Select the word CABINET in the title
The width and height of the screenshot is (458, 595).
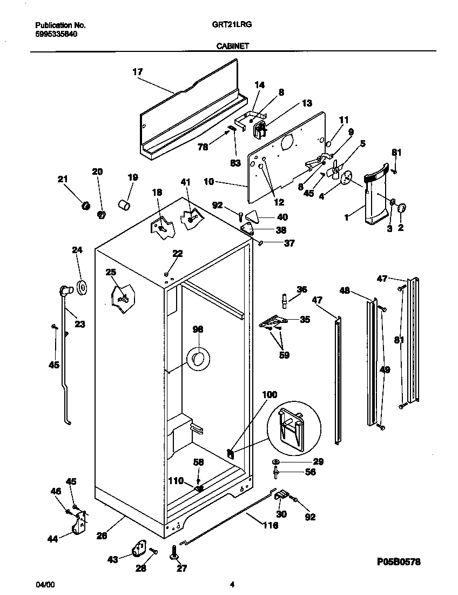[x=233, y=47]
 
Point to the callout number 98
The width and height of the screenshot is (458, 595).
[x=198, y=329]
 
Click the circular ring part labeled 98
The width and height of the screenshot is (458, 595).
[x=197, y=358]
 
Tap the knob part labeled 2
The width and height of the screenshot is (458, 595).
[x=402, y=208]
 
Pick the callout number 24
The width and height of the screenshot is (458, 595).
[x=77, y=250]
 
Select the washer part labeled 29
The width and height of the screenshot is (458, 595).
[x=276, y=461]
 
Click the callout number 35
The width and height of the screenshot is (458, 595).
[x=305, y=320]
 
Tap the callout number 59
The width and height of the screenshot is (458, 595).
[x=285, y=355]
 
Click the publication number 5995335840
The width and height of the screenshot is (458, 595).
[x=56, y=33]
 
